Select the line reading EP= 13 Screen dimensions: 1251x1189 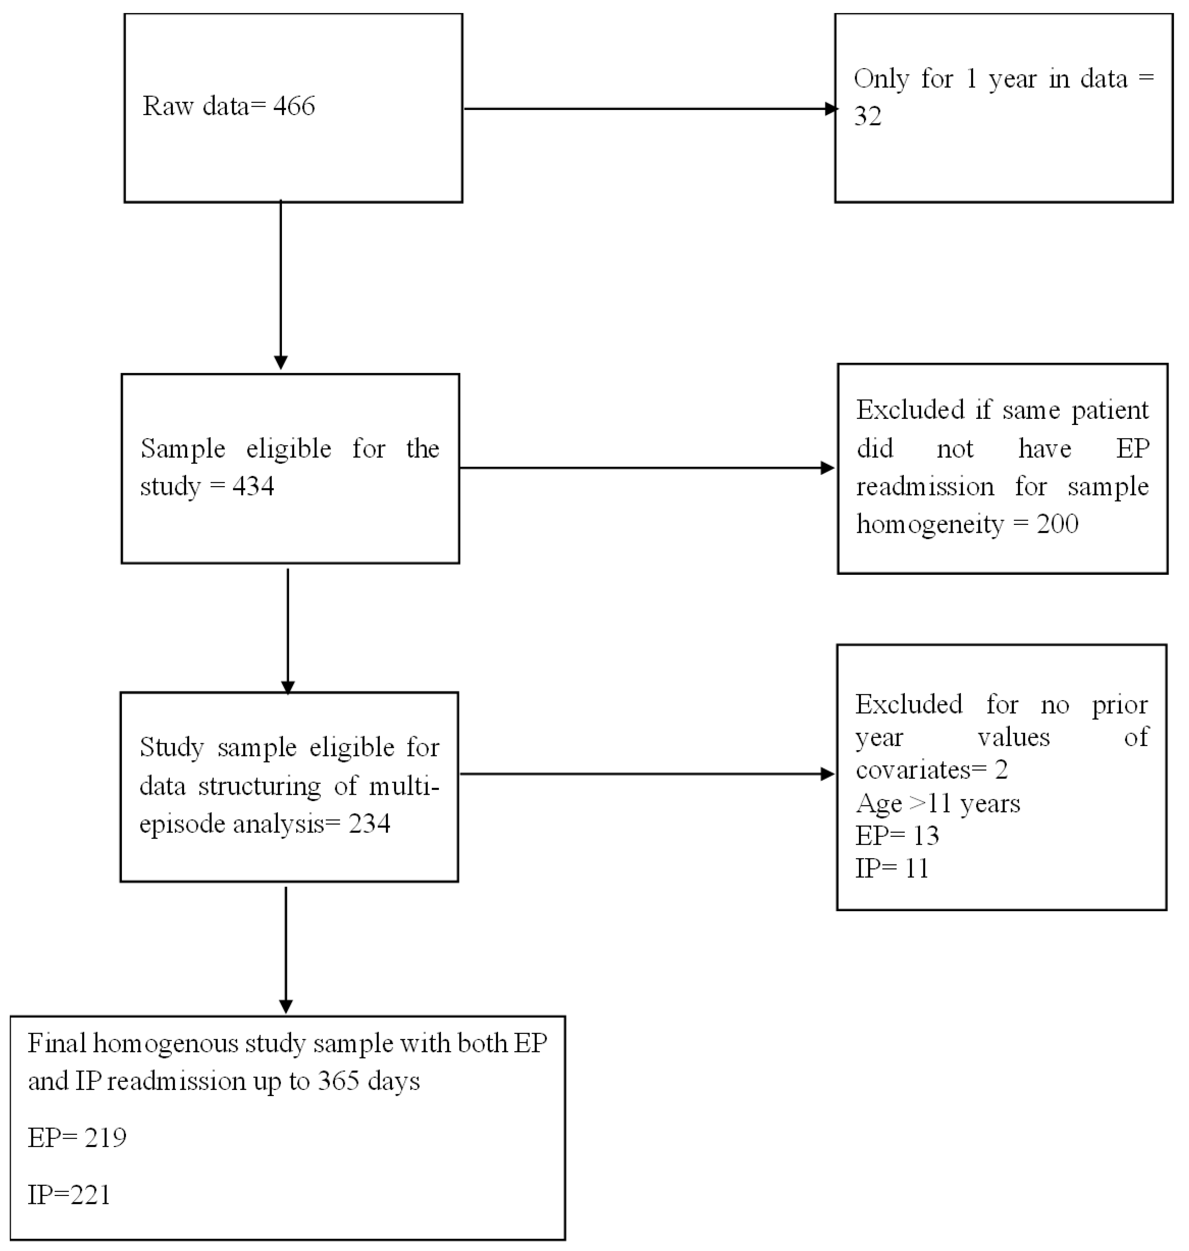(x=897, y=836)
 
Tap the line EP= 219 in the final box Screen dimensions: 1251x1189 (x=77, y=1138)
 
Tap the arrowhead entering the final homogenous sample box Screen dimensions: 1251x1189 (x=286, y=1006)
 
